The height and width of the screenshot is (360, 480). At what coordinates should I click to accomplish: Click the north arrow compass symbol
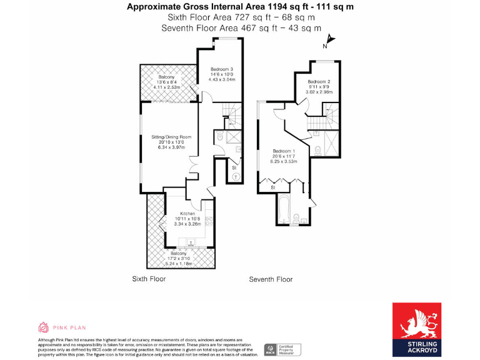(330, 41)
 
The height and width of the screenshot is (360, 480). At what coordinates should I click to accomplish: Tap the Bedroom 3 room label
(222, 69)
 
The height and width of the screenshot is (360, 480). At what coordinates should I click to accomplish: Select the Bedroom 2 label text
(319, 82)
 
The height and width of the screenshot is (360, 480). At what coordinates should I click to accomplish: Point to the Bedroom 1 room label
(284, 151)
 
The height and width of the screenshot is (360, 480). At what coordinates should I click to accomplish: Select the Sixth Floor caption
(149, 279)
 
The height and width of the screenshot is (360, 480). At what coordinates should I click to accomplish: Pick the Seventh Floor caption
(271, 279)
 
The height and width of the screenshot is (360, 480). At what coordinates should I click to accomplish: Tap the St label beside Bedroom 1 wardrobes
(273, 187)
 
